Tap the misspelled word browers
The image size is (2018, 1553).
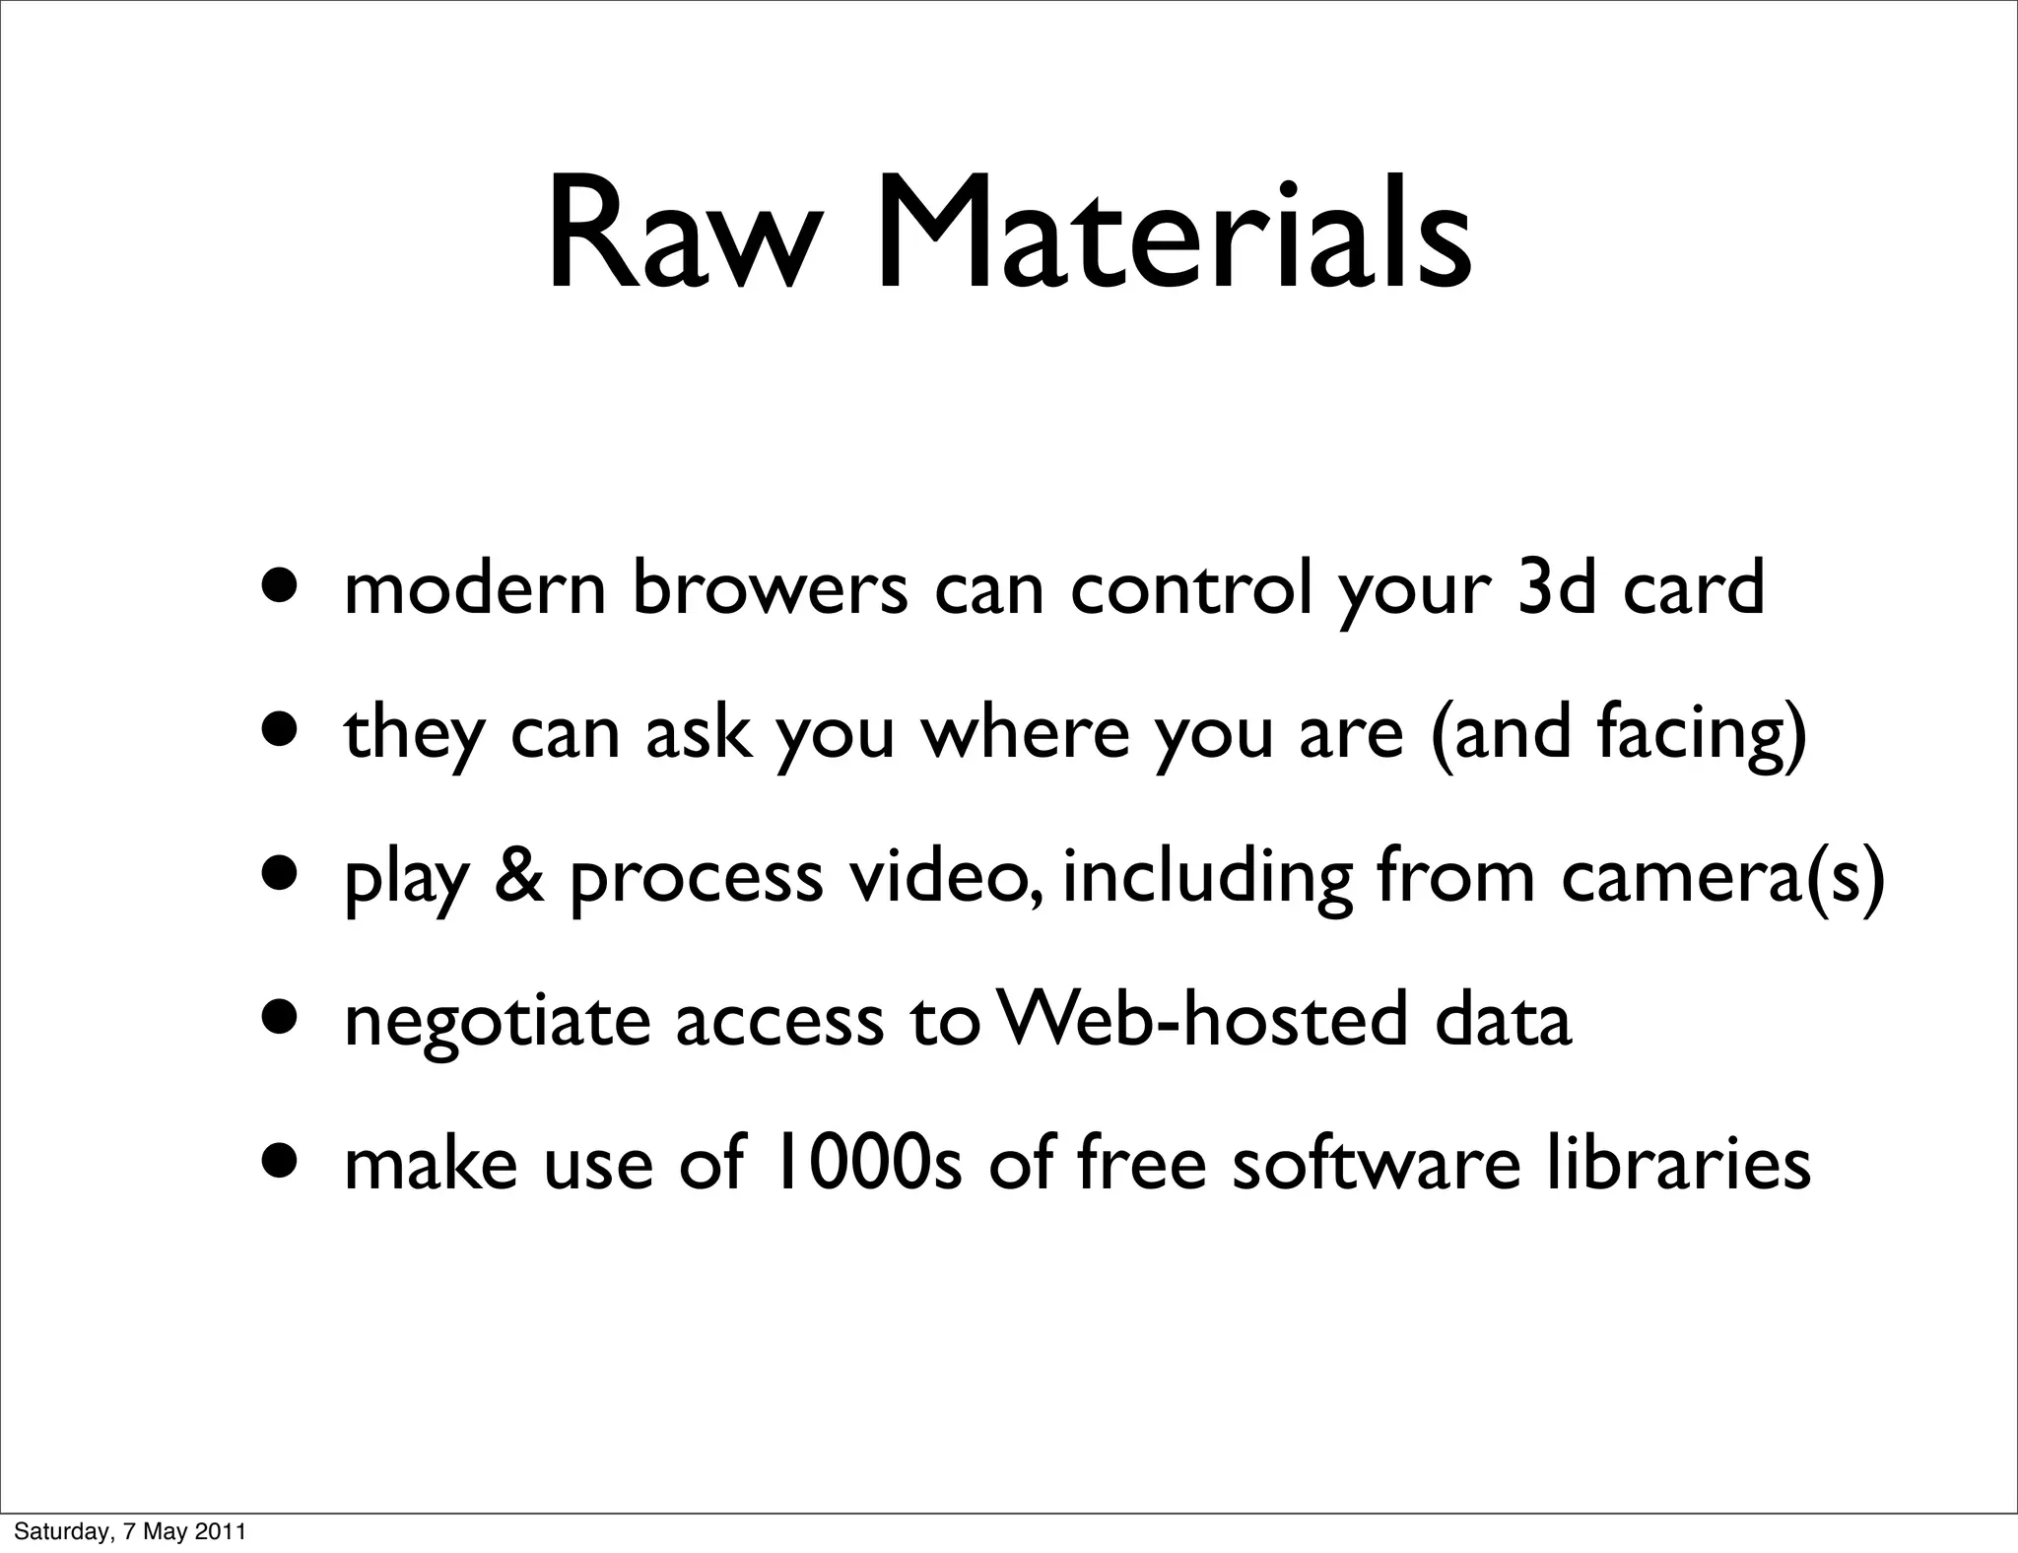coord(770,588)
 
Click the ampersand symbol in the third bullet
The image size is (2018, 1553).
coord(518,876)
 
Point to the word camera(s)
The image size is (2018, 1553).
coord(1722,876)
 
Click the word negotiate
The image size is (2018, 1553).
coord(498,1022)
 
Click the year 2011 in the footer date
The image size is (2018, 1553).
coord(225,1532)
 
